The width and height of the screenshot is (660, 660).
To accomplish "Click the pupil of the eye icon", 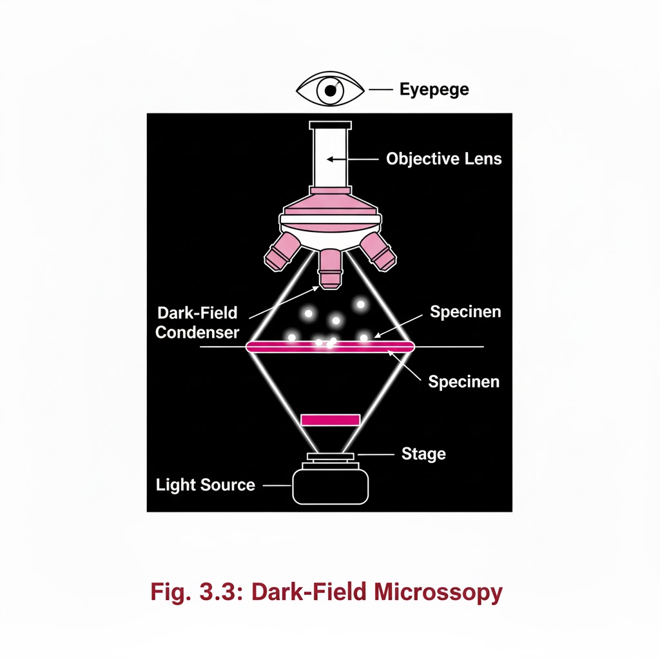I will [330, 91].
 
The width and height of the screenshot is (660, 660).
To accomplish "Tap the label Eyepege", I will [434, 89].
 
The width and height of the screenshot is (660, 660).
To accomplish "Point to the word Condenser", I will [197, 333].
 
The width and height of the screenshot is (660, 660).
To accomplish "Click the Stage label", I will [423, 454].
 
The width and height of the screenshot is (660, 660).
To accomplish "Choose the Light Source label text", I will [206, 485].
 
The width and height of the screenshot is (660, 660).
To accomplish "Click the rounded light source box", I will [331, 486].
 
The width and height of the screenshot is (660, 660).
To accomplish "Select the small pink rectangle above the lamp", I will [331, 420].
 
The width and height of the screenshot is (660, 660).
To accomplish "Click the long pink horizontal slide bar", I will [331, 347].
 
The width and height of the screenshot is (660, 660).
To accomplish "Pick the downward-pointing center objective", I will [331, 267].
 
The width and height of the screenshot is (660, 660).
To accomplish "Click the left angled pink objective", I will [282, 251].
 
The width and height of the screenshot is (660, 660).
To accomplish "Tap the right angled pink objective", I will [379, 251].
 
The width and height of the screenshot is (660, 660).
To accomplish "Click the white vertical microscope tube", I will [331, 158].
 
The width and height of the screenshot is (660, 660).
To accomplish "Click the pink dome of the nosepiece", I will [331, 205].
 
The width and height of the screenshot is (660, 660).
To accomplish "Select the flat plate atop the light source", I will [331, 457].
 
